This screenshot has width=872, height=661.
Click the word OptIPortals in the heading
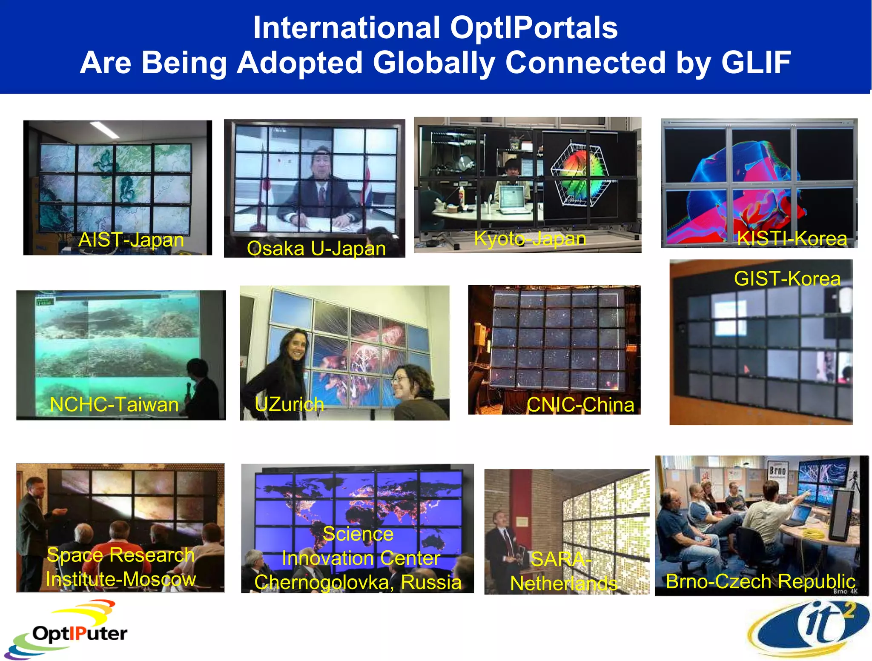[534, 28]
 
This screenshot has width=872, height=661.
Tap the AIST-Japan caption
[131, 240]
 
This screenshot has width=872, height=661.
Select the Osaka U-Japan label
[316, 249]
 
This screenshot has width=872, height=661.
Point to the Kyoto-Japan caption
[530, 238]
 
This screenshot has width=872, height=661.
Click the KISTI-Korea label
[792, 238]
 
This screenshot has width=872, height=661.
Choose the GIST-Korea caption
[787, 279]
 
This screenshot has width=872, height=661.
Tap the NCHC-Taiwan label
[114, 404]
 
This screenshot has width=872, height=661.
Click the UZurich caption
[289, 404]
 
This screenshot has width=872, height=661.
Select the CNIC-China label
[580, 404]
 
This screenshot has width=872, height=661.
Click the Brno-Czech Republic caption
[760, 581]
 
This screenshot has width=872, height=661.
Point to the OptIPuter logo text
[80, 633]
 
